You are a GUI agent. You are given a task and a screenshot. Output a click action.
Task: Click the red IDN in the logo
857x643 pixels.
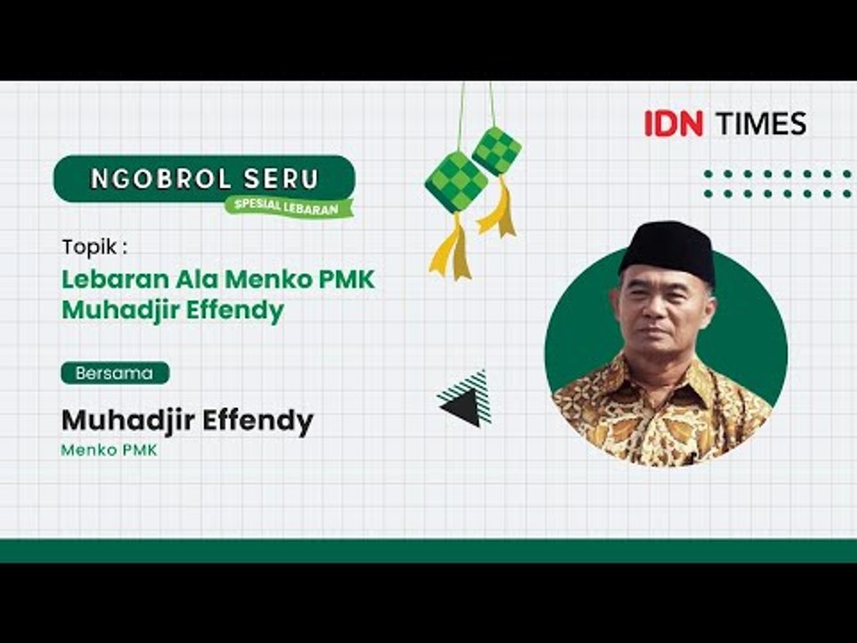tap(674, 123)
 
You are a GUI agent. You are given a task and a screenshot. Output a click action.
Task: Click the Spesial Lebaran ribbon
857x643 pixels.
tap(288, 205)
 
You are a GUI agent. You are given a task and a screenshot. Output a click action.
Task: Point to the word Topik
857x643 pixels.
tap(88, 246)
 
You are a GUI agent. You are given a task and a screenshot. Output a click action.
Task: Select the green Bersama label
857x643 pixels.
tap(114, 373)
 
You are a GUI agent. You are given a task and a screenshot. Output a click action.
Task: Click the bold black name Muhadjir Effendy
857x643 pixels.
tap(187, 420)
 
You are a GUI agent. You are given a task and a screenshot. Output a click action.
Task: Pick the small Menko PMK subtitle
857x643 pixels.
tap(109, 450)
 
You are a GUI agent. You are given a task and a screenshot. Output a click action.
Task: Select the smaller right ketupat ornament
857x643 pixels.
tap(496, 149)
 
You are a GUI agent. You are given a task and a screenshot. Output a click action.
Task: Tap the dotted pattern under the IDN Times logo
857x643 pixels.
tap(777, 183)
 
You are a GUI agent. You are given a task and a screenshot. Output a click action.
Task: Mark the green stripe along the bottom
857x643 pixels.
tap(428, 550)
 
